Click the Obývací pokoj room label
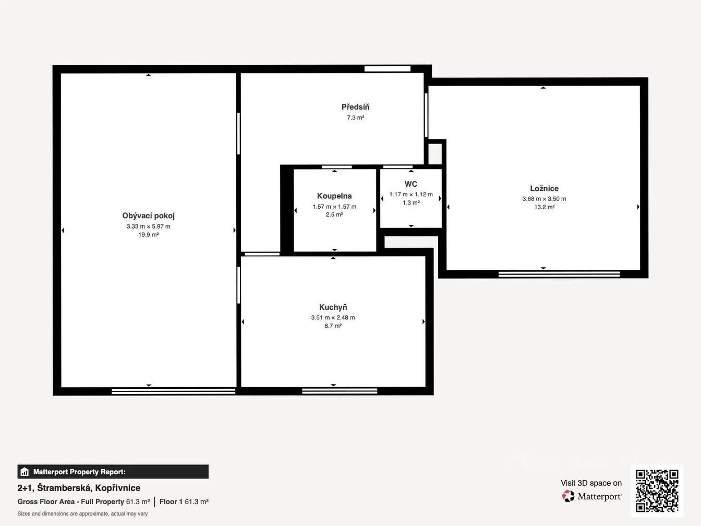(149, 216)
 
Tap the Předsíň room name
(355, 107)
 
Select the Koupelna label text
(334, 196)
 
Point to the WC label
(410, 184)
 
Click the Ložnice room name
(544, 188)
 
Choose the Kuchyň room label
(333, 307)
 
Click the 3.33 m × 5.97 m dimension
(149, 226)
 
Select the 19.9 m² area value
(149, 235)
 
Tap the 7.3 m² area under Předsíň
(355, 118)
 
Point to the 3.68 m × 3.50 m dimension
(544, 199)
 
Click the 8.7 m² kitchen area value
(333, 326)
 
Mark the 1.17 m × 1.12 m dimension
(411, 195)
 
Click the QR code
(657, 491)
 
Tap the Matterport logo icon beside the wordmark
(568, 496)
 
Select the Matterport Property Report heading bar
(113, 472)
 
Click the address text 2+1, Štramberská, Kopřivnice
(79, 488)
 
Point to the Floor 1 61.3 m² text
(184, 501)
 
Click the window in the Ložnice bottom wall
(559, 274)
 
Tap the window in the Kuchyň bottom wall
(340, 391)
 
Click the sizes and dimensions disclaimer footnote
(83, 514)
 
